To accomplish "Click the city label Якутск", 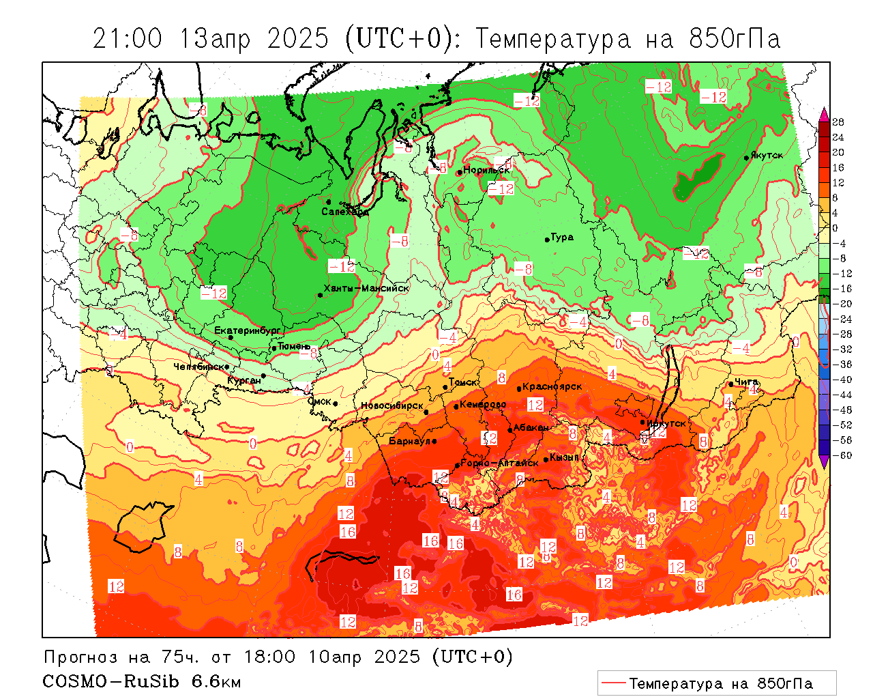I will coord(767,155).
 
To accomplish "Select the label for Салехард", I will coord(345,212).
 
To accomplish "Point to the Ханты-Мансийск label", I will coord(366,288).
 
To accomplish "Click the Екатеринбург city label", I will coord(248,330).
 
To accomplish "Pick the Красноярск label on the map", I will coord(552,386).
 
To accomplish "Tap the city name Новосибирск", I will coord(392,405).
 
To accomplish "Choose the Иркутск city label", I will coord(666,423).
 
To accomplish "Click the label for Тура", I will coord(562,238).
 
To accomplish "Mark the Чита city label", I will coord(746,382).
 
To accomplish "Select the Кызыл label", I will coord(564,457).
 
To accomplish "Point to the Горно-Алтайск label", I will coord(500,463).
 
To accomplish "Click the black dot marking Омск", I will coord(336,404).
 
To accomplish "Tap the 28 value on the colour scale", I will coord(838,122).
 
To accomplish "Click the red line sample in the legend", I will coord(614,683).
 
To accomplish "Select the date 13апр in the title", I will coord(215,39).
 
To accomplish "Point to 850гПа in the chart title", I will coord(735,39).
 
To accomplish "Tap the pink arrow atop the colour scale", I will coord(824,114).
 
